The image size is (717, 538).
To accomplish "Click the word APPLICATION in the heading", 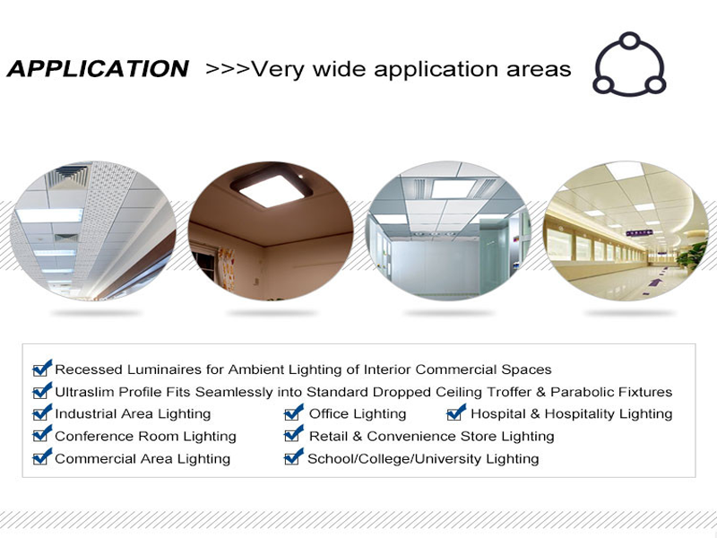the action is tap(98, 69).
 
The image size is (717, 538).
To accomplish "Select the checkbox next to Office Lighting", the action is tap(294, 412).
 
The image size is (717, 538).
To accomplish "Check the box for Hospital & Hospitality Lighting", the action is tap(456, 412).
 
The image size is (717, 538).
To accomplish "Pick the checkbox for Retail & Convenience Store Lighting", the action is tap(294, 434).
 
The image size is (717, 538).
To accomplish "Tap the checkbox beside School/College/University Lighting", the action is tap(294, 457).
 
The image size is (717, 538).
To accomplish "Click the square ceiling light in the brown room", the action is tap(272, 187).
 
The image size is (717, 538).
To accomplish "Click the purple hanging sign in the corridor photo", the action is tap(639, 233).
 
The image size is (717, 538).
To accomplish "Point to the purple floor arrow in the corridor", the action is tap(655, 282).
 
